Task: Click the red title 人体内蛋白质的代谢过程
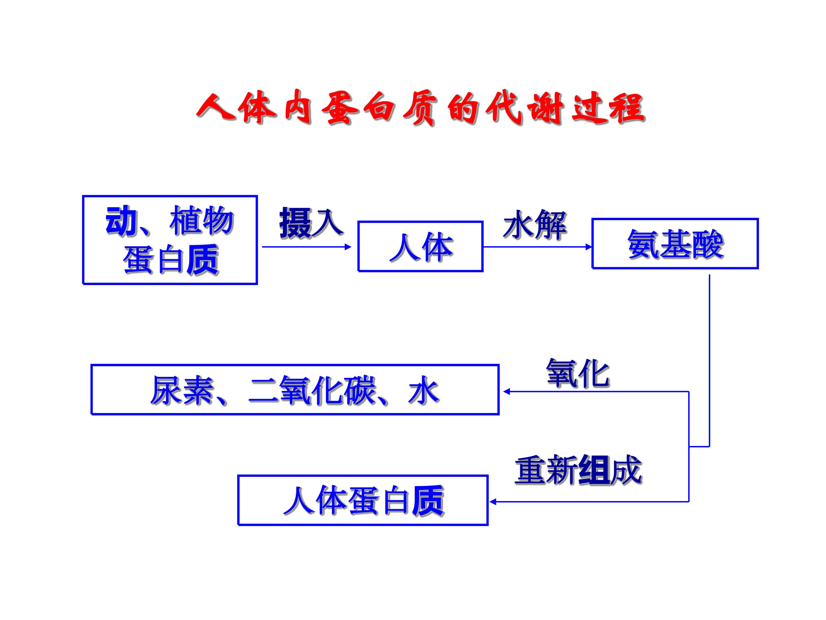tap(421, 108)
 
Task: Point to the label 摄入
tap(311, 223)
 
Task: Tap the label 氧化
tap(578, 373)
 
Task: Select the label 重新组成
tap(578, 470)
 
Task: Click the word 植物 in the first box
tap(202, 220)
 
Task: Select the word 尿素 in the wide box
tap(182, 391)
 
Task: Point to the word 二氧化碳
tap(313, 391)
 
